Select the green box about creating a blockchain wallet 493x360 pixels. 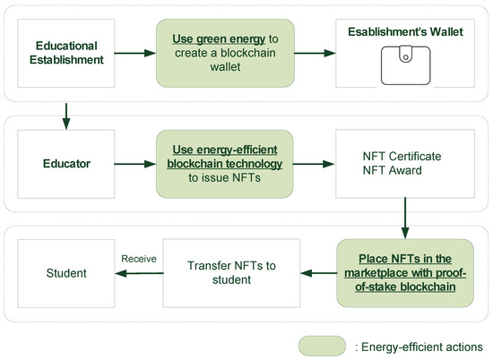point(222,54)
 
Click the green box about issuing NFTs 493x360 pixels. point(222,165)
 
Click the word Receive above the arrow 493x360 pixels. point(139,259)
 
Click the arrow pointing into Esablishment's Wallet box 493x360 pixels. point(310,54)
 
